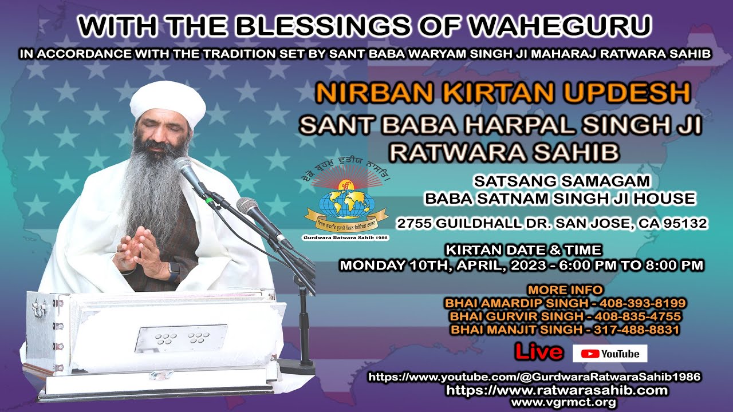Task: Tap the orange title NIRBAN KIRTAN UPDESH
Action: tap(503, 93)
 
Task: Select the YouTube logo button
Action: tap(610, 354)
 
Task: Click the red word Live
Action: tap(538, 352)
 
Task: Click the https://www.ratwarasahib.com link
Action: tap(557, 390)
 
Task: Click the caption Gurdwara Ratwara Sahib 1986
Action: tap(345, 237)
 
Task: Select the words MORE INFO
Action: tap(565, 290)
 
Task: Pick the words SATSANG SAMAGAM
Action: tap(562, 181)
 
